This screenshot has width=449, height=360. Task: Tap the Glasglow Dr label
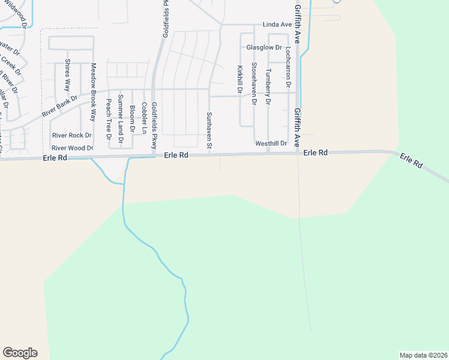pyautogui.click(x=264, y=47)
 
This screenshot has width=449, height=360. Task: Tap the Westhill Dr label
pyautogui.click(x=271, y=143)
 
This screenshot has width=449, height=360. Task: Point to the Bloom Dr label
pyautogui.click(x=132, y=116)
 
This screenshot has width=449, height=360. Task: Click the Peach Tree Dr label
pyautogui.click(x=109, y=120)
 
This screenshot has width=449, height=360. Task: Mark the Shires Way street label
pyautogui.click(x=68, y=75)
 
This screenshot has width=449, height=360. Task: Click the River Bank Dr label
pyautogui.click(x=60, y=106)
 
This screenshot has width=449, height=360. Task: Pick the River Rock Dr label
pyautogui.click(x=71, y=136)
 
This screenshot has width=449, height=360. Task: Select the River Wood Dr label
pyautogui.click(x=72, y=148)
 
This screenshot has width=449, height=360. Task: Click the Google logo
pyautogui.click(x=20, y=352)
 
